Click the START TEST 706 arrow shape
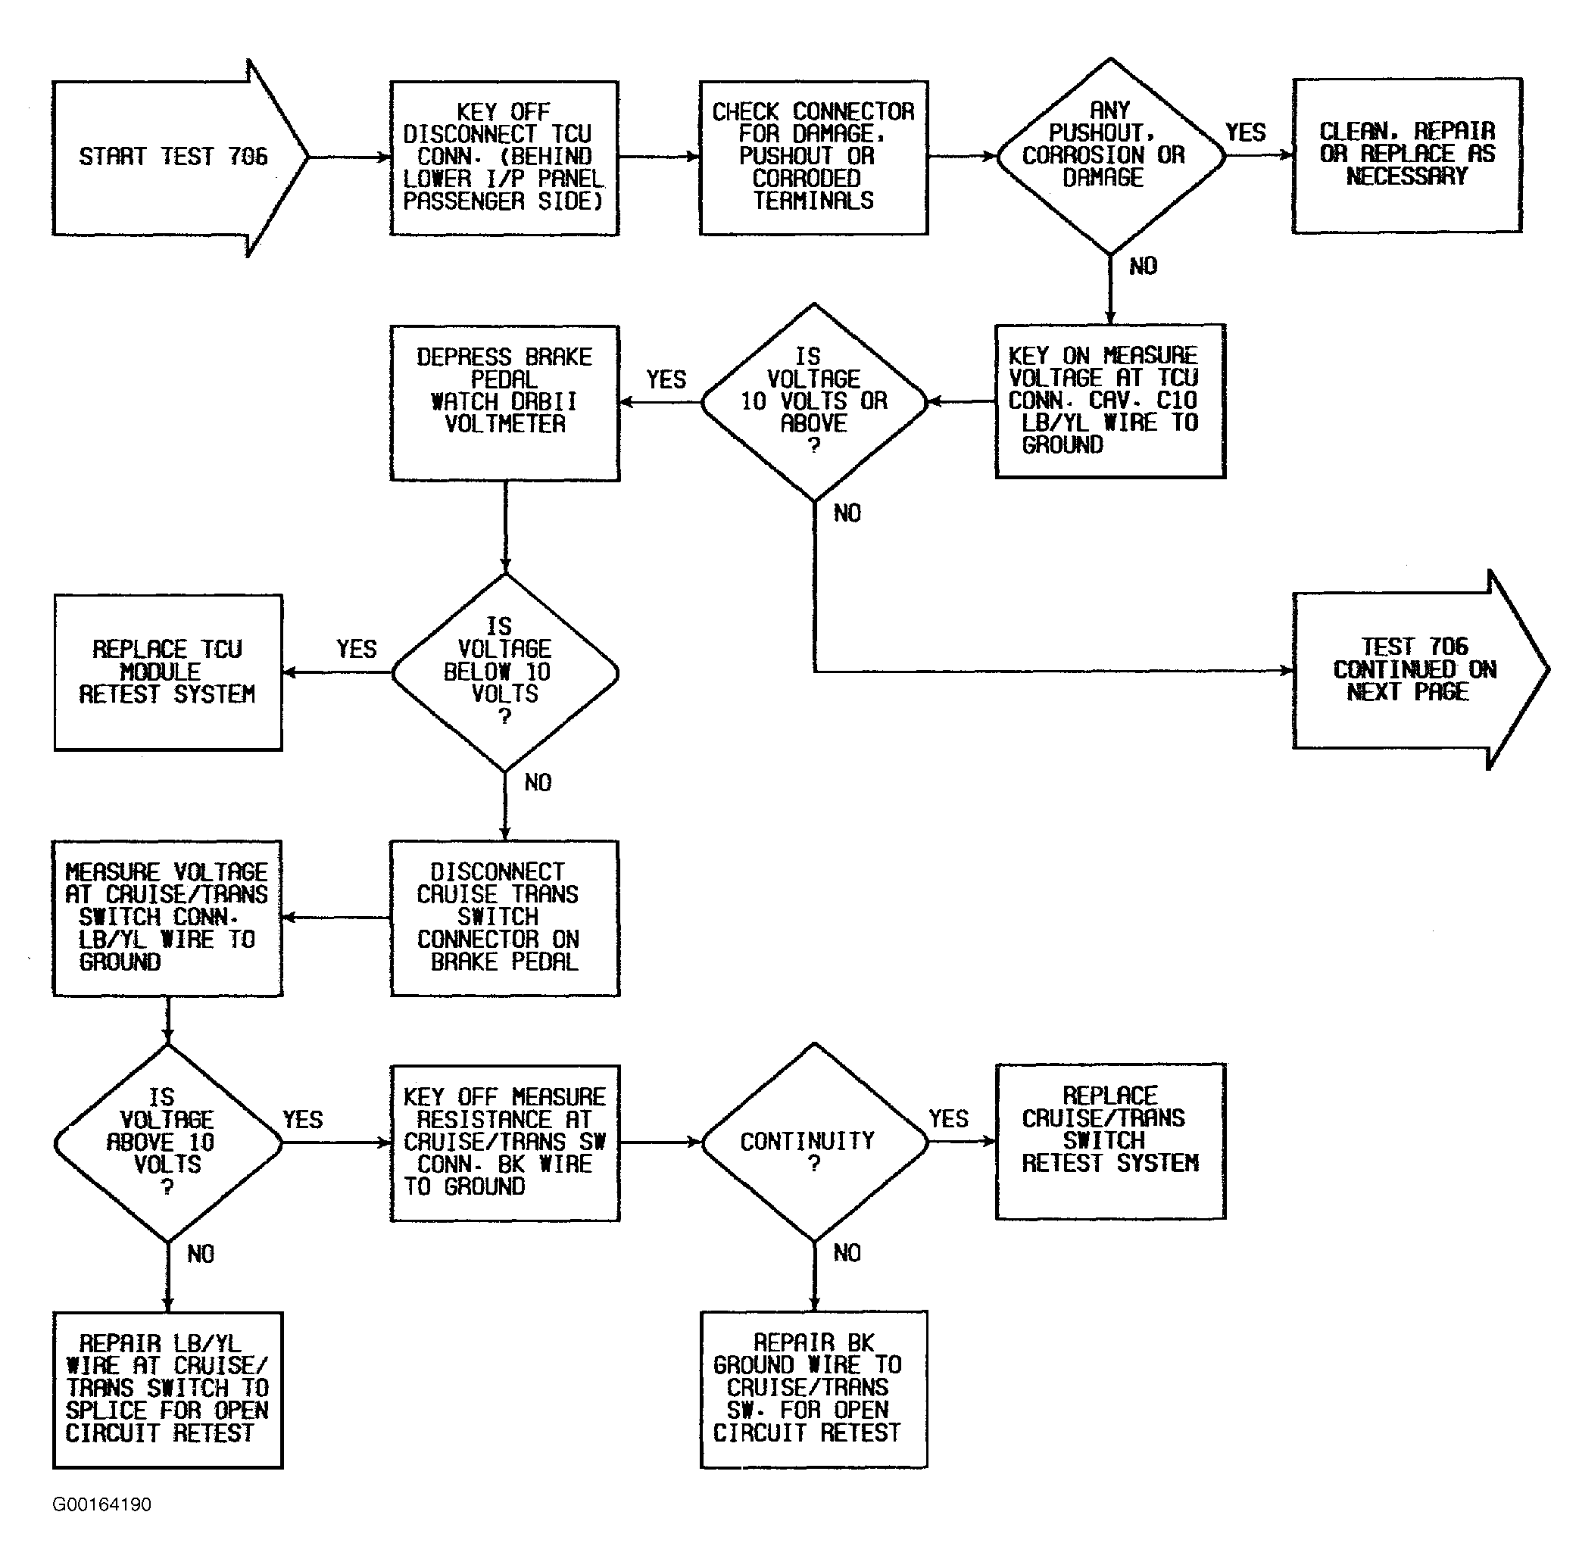coord(179,157)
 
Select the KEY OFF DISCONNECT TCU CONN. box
coord(504,157)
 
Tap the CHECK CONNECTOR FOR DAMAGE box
coord(813,157)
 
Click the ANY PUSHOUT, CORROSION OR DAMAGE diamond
coord(1110,156)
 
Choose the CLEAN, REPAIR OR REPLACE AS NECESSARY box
coord(1406,155)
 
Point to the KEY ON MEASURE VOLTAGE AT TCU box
coord(1110,401)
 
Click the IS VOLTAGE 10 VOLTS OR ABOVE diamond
coord(814,402)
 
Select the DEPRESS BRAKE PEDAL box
coord(504,403)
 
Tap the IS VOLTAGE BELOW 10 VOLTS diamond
coord(505,672)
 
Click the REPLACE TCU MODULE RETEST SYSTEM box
coord(167,672)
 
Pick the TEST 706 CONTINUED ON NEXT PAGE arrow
coord(1421,670)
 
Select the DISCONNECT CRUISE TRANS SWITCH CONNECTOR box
coord(504,918)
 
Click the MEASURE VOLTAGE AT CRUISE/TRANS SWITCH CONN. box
coord(167,918)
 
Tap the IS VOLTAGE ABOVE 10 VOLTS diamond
coord(167,1143)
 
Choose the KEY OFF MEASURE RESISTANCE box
coord(504,1142)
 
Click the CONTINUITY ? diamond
coord(814,1142)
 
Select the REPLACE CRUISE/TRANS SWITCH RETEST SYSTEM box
coord(1110,1142)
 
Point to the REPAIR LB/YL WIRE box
coord(167,1390)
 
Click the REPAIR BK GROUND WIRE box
coord(813,1389)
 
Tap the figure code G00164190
coord(101,1504)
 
